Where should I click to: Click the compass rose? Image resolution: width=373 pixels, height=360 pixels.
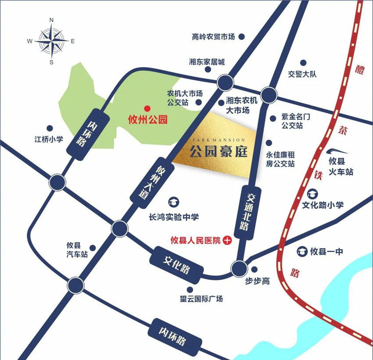click(51, 41)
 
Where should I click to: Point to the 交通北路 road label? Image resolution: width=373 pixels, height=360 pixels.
click(245, 212)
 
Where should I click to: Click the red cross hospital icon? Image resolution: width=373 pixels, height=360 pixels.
click(227, 240)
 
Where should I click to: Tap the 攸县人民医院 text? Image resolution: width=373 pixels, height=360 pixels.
click(195, 240)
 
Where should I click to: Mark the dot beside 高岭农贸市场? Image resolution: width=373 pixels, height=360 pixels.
click(241, 38)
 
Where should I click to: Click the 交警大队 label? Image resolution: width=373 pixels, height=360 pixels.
click(302, 74)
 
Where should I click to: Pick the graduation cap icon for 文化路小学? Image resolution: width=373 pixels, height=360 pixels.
click(313, 193)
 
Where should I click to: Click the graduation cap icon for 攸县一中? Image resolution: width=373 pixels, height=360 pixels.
click(302, 251)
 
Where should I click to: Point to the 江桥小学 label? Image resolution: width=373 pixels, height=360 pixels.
click(49, 140)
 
